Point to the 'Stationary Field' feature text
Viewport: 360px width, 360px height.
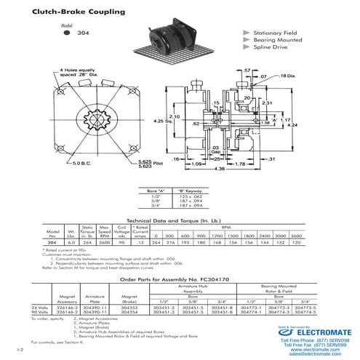279,34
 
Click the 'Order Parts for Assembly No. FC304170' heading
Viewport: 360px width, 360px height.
178,277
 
